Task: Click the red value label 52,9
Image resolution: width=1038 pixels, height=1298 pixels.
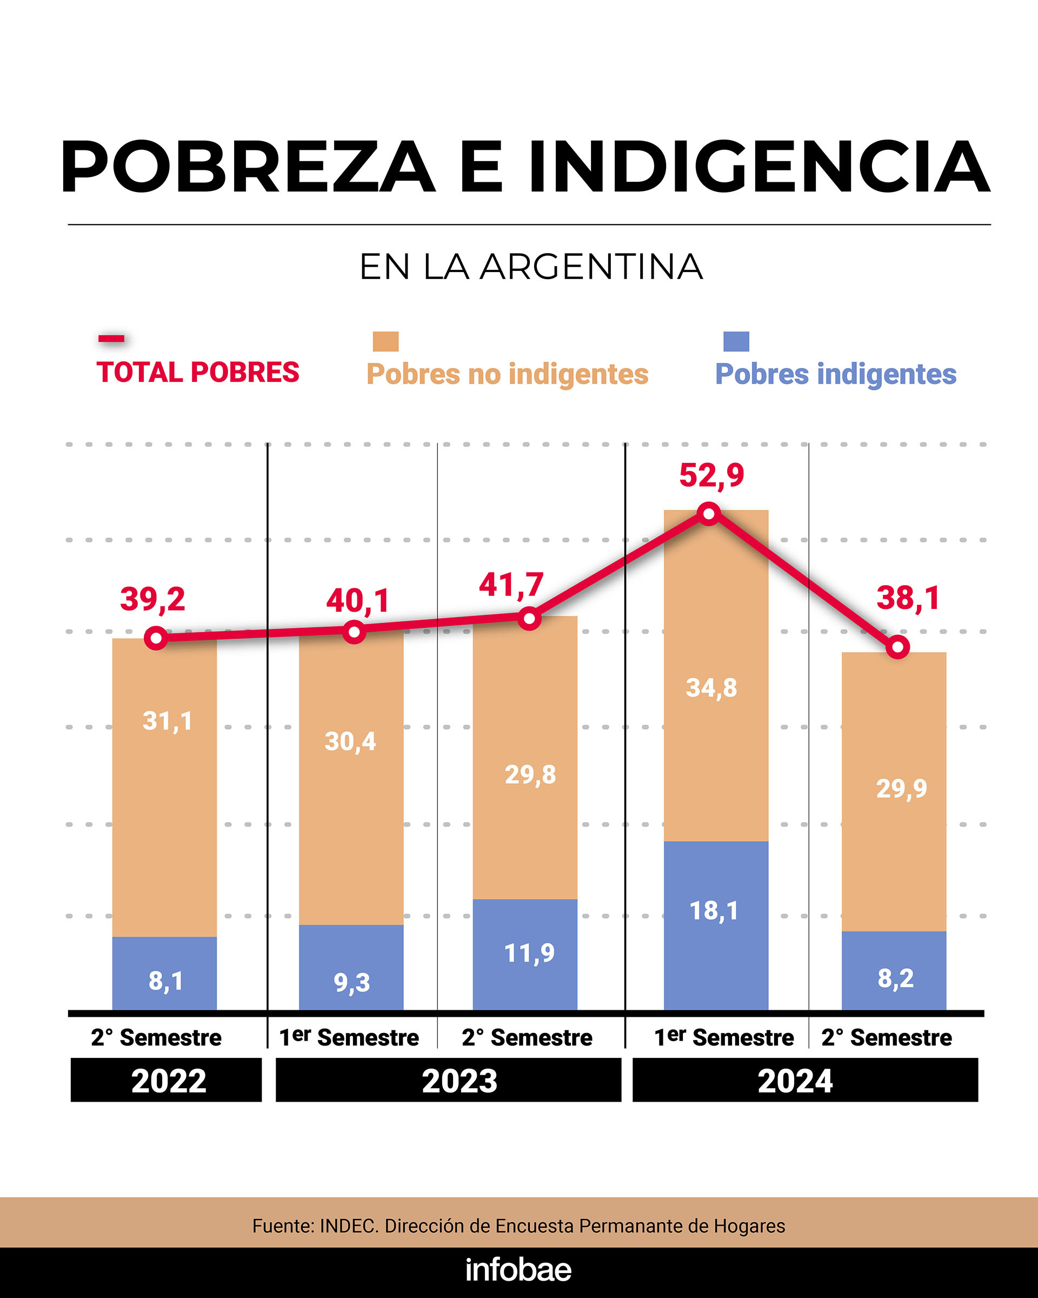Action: (x=711, y=475)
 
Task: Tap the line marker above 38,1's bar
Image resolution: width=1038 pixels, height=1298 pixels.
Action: (x=897, y=647)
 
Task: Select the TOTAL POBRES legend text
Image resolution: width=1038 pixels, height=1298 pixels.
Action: (x=197, y=372)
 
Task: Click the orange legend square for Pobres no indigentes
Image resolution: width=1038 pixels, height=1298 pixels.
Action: (x=385, y=341)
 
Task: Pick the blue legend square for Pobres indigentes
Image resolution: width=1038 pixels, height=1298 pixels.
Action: (x=736, y=341)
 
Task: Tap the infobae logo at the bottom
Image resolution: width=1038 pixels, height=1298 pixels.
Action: (x=518, y=1270)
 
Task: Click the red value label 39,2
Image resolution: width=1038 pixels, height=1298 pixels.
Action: (x=152, y=599)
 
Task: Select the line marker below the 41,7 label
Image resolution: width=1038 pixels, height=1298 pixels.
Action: (x=529, y=618)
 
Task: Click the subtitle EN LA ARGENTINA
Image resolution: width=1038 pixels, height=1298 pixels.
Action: (x=531, y=267)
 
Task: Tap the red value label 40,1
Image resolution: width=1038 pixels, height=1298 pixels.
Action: (x=357, y=601)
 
